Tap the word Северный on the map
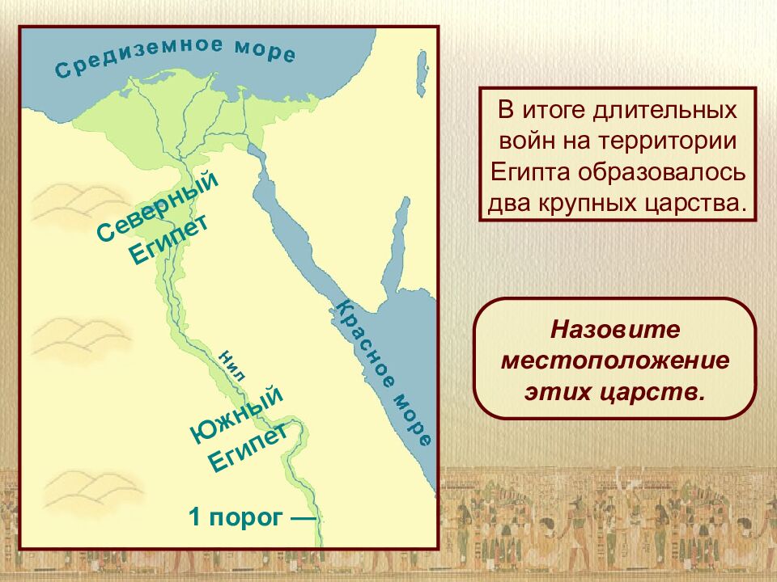[158, 205]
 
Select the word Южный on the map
[237, 414]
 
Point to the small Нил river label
[232, 365]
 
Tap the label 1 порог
[236, 517]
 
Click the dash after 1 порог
[302, 518]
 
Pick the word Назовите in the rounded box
[615, 329]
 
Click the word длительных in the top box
[664, 111]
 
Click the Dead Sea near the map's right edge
[422, 74]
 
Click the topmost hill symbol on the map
[79, 201]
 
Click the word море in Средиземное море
[265, 50]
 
